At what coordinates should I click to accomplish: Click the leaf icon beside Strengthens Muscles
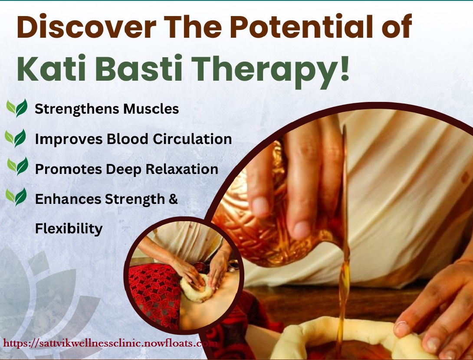(17, 108)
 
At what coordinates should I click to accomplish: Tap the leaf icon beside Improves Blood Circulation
(16, 138)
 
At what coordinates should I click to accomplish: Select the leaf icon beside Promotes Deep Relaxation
(18, 166)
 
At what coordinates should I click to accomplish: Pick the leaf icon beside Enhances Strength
(16, 197)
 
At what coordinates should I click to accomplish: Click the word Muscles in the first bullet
(151, 108)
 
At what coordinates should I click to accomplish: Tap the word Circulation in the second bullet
(192, 139)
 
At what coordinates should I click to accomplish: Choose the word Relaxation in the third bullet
(182, 169)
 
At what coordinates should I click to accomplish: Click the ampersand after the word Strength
(174, 199)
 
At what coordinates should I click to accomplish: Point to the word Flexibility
(69, 228)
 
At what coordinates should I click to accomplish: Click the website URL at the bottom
(110, 343)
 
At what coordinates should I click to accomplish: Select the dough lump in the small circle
(197, 288)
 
